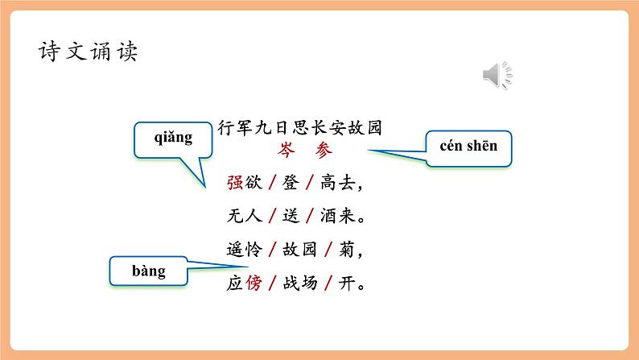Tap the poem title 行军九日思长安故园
click(x=299, y=126)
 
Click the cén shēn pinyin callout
click(x=469, y=147)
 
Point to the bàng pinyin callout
click(x=148, y=271)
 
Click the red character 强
click(x=235, y=183)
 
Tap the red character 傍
click(x=254, y=284)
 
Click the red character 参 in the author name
click(x=323, y=150)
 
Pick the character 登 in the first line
click(x=291, y=183)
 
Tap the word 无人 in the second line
click(x=244, y=217)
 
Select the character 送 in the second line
click(x=291, y=217)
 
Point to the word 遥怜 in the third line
click(x=244, y=250)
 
